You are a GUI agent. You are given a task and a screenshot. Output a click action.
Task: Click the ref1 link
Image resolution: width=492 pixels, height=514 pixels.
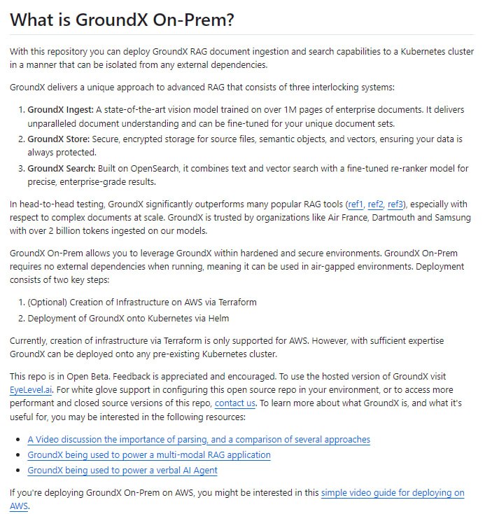(357, 204)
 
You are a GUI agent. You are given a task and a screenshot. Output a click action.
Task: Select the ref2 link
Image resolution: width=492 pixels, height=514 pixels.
(377, 204)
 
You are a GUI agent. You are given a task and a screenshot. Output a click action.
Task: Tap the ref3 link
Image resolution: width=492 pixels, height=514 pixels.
(397, 204)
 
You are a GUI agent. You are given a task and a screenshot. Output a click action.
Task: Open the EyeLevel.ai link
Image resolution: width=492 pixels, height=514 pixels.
(31, 389)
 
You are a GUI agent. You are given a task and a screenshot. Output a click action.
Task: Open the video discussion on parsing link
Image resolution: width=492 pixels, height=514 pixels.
(199, 440)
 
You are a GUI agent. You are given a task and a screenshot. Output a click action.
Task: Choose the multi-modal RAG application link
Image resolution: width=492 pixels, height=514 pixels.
(148, 455)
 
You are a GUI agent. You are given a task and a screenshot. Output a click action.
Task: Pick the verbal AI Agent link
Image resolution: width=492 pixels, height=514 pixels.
(122, 471)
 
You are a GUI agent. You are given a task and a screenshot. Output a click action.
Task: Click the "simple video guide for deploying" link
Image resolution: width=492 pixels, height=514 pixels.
(392, 493)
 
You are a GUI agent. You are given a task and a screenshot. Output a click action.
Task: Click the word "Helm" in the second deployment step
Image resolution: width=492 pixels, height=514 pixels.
(227, 318)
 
